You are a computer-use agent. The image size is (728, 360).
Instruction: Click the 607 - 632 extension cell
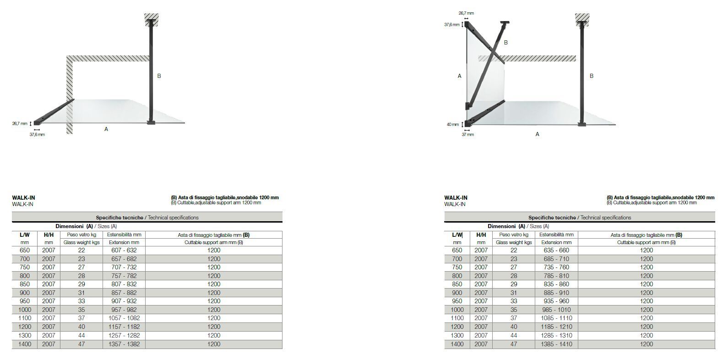click(x=124, y=250)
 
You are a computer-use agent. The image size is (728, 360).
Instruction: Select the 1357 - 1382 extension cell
click(x=124, y=344)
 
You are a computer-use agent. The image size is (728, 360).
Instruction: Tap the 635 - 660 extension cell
click(x=556, y=250)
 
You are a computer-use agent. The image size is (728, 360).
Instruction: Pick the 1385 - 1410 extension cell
click(x=556, y=344)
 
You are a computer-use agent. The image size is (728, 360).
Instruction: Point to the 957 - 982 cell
click(x=124, y=310)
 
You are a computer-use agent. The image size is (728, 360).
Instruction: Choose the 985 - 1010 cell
click(x=556, y=310)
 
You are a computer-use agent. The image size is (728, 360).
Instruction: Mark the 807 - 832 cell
click(x=124, y=284)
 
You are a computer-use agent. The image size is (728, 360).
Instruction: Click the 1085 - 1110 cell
click(x=556, y=318)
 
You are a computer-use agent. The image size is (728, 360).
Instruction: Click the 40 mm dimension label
click(x=452, y=124)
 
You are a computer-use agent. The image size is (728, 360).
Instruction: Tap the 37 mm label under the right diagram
click(x=467, y=135)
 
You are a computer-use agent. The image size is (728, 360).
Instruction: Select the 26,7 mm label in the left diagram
click(x=20, y=123)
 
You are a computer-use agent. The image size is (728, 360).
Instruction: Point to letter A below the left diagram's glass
click(x=106, y=129)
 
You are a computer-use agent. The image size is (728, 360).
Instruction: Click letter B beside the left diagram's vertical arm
click(x=159, y=76)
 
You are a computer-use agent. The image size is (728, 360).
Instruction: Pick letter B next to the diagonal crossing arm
click(x=506, y=43)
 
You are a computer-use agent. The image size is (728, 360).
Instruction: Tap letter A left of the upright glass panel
click(x=459, y=76)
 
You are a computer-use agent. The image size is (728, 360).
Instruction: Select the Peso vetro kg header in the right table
click(x=513, y=235)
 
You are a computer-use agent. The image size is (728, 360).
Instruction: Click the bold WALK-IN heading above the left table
click(x=23, y=198)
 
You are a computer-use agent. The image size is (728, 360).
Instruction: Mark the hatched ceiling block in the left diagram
click(x=151, y=19)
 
